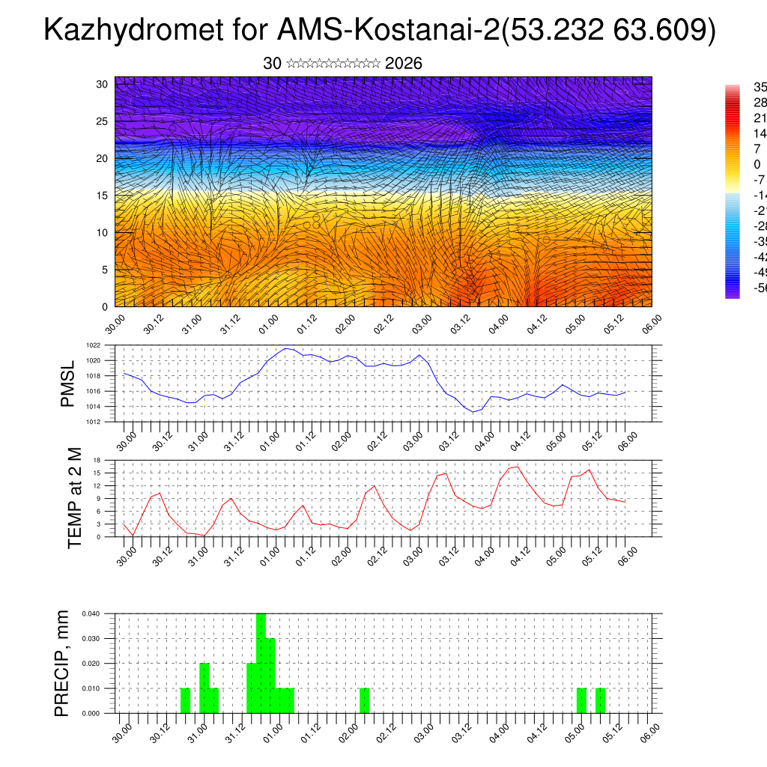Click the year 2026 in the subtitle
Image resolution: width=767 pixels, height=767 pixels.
[x=403, y=64]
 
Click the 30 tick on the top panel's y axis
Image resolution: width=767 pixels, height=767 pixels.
[x=102, y=84]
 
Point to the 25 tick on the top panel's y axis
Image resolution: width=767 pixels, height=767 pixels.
[x=102, y=121]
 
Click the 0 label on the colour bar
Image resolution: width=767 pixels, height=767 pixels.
[x=757, y=164]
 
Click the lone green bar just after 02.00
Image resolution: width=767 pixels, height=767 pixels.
[x=364, y=700]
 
